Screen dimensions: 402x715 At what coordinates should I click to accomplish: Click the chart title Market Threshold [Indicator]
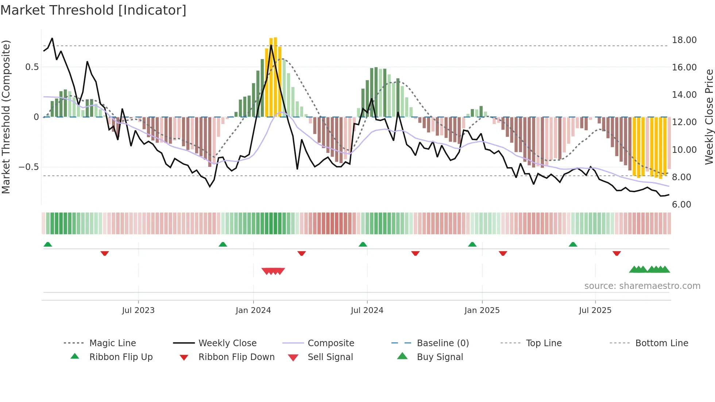point(93,10)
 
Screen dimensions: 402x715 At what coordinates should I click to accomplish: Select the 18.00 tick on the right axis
point(684,40)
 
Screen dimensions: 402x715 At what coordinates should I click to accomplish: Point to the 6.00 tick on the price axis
point(681,205)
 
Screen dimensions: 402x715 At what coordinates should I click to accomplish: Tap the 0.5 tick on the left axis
point(32,67)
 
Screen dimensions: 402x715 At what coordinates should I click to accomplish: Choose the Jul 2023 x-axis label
point(138,310)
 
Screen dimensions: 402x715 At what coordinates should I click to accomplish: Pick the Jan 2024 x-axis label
point(253,310)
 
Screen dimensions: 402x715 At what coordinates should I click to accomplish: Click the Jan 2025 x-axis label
point(482,310)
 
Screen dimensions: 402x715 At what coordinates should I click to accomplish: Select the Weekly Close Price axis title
point(709,117)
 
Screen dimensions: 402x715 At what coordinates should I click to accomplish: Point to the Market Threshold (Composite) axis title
point(6,117)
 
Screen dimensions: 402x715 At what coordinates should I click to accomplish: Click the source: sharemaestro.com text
point(642,286)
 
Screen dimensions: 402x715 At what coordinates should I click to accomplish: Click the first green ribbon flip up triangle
point(48,244)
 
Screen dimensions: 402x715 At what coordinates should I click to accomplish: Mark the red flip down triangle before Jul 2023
point(105,253)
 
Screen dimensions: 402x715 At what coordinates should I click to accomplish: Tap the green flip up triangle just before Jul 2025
point(573,244)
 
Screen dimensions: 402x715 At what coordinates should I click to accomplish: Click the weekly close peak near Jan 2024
point(271,45)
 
